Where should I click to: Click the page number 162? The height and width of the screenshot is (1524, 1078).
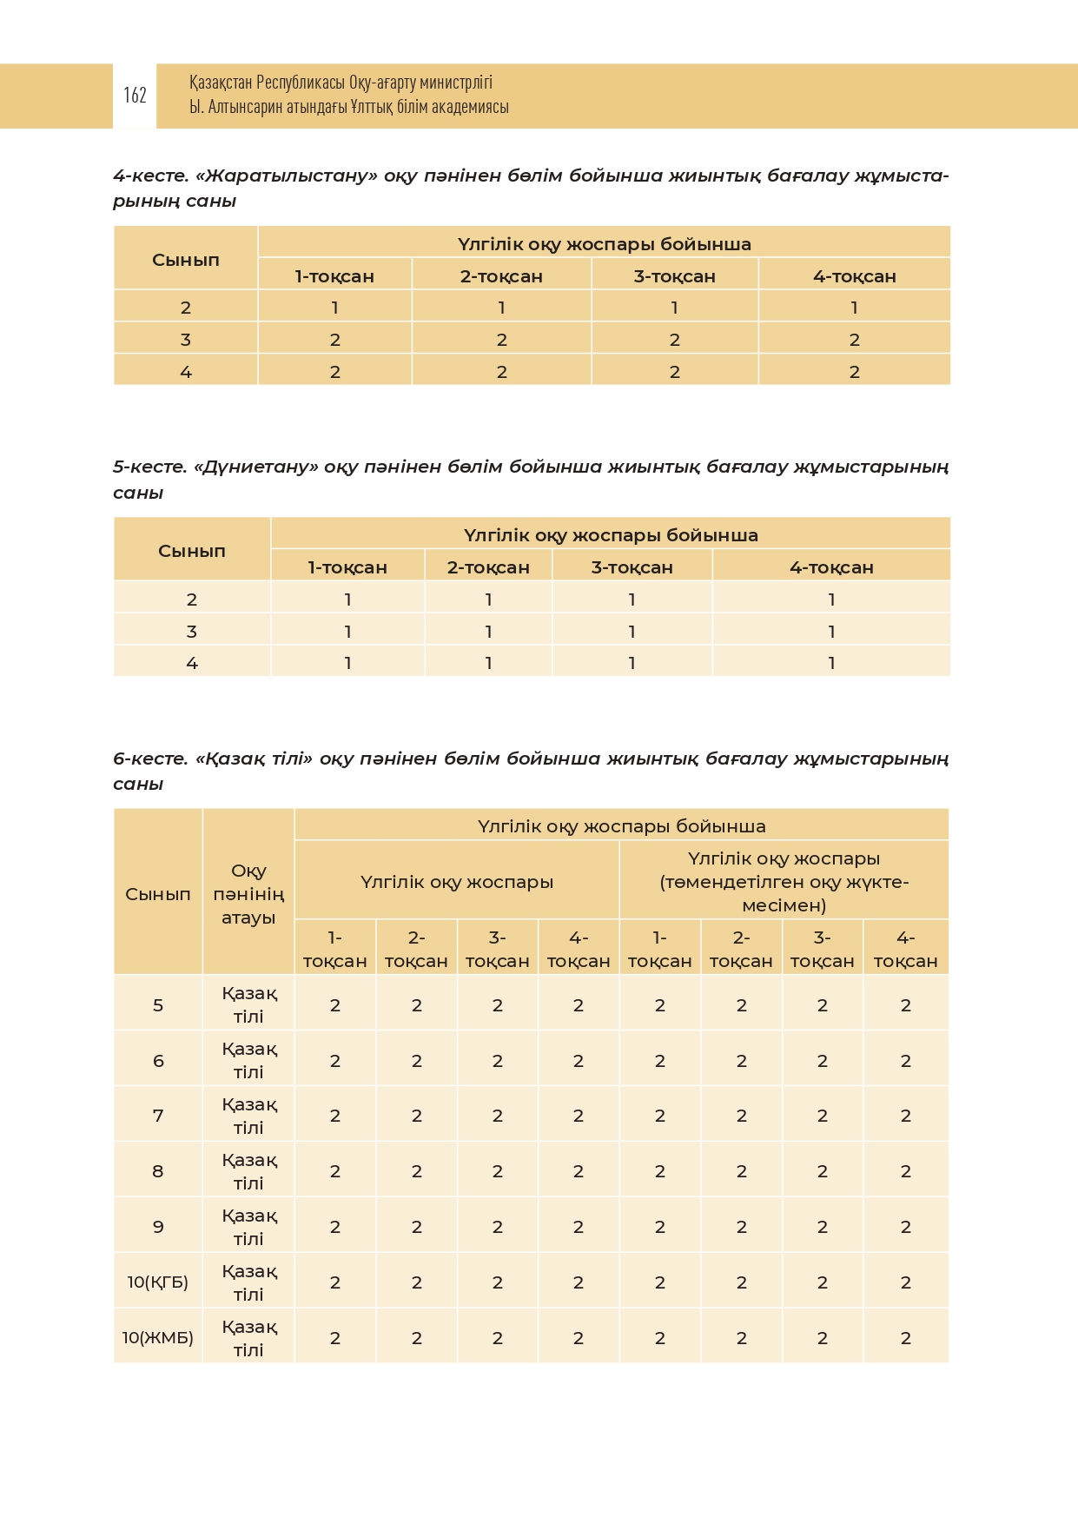(x=135, y=95)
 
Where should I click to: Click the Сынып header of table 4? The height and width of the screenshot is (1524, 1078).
(x=185, y=259)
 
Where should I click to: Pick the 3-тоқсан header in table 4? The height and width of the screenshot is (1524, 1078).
(x=674, y=276)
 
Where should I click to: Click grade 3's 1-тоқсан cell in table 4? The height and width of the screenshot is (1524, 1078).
(x=334, y=340)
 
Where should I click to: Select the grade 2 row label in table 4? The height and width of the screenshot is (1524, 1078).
(x=185, y=308)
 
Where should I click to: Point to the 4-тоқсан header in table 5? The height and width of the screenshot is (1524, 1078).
(x=831, y=567)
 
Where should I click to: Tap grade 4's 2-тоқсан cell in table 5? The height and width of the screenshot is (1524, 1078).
(x=488, y=663)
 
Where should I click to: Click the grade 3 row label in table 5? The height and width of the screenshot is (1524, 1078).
(x=191, y=632)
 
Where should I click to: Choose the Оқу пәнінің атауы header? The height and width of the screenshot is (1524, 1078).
(x=248, y=894)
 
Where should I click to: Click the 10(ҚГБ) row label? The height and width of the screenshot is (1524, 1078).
(x=157, y=1282)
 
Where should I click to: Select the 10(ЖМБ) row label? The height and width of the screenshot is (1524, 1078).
(x=157, y=1337)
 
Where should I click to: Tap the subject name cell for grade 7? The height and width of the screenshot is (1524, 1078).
(x=248, y=1116)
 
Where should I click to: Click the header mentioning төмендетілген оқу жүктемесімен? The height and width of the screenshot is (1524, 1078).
(x=784, y=882)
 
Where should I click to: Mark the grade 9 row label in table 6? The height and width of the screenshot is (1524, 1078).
(x=157, y=1227)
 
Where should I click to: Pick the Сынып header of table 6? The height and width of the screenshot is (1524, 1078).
(x=157, y=894)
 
